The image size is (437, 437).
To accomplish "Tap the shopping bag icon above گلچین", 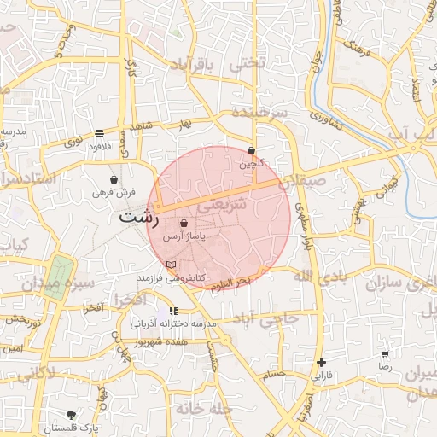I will point(251,149).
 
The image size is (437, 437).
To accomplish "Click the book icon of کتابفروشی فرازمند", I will point(171,265).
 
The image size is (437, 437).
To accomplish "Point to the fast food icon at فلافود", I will point(100,133).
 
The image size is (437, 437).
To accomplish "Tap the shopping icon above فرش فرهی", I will point(114,180).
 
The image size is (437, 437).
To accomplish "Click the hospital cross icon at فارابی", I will point(321,362).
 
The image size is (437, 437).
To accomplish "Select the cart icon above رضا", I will point(385,353).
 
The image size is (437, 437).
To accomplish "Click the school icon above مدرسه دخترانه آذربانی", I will point(174,312).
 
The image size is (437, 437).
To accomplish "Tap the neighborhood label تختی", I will point(249,63).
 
